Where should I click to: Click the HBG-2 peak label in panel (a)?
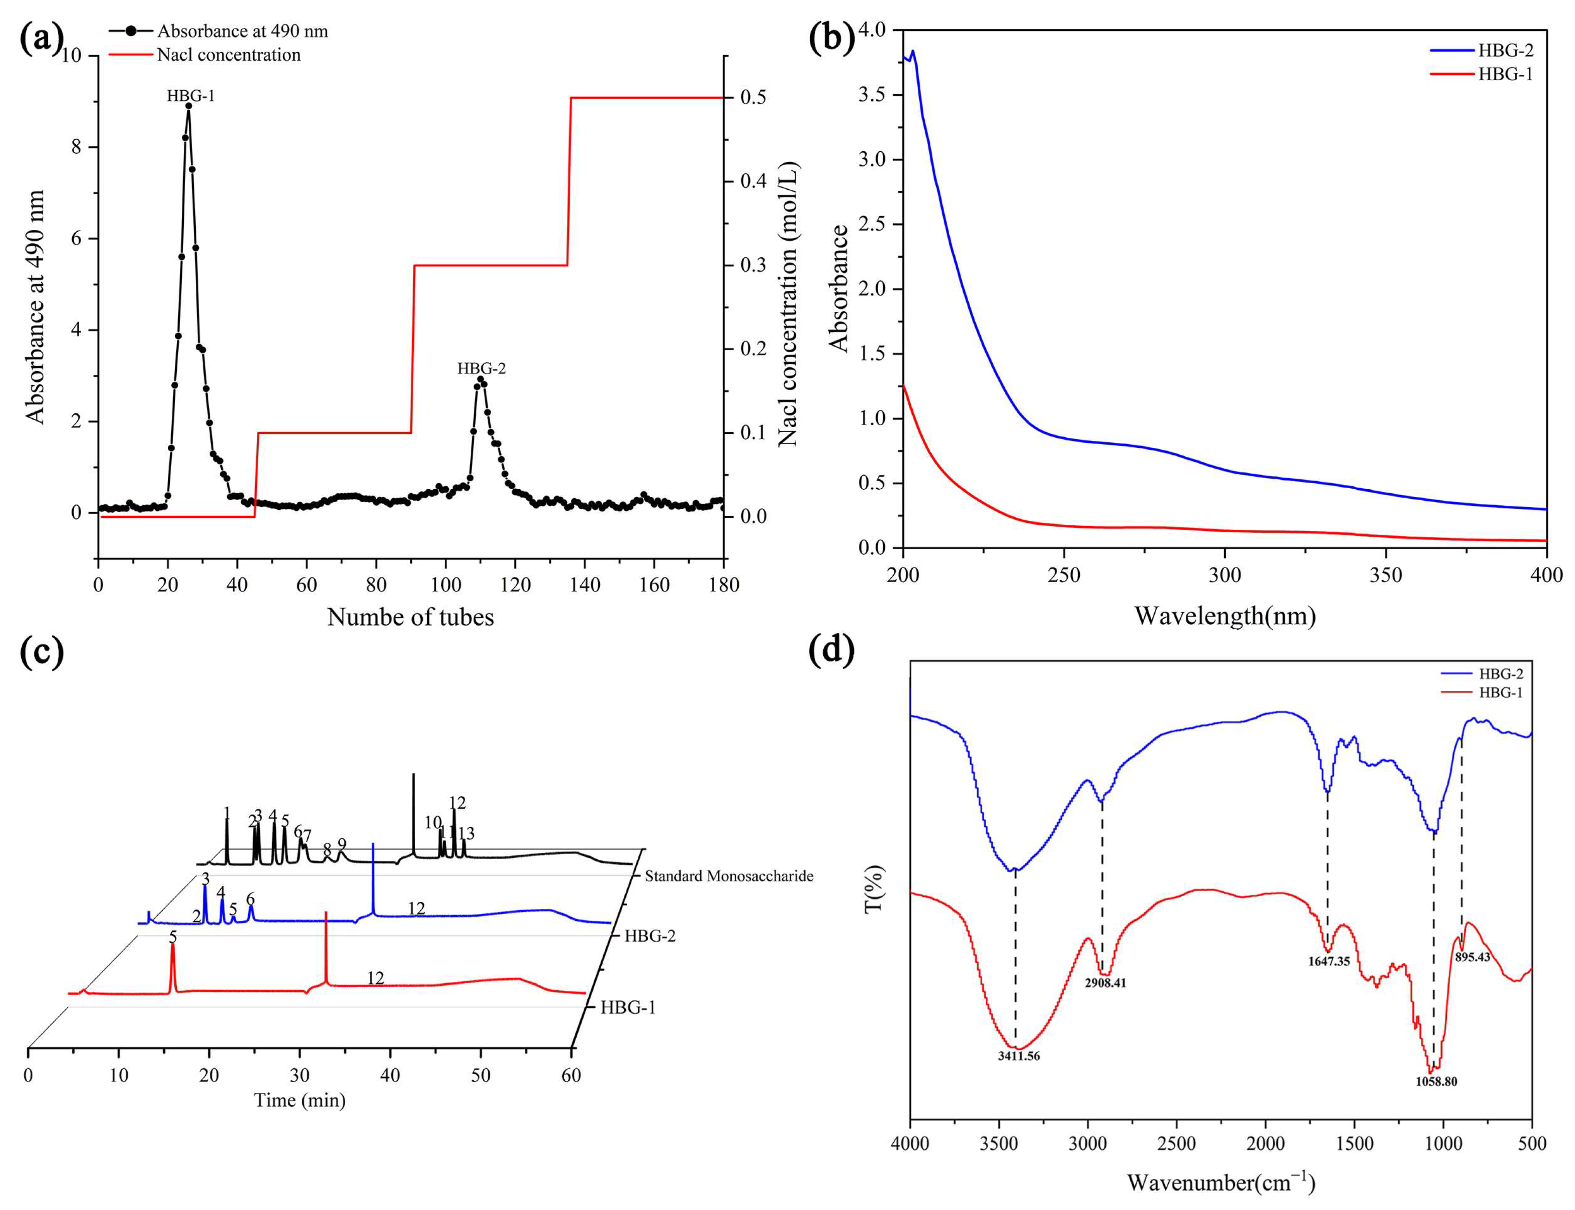[481, 369]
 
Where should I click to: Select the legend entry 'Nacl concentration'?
[228, 55]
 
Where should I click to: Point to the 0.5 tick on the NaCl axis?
[753, 97]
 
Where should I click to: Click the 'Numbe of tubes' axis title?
[410, 617]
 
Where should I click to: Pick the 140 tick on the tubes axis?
[585, 585]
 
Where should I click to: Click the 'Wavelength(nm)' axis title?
[1225, 616]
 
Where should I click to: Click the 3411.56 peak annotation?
[1018, 1056]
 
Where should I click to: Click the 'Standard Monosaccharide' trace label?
[728, 876]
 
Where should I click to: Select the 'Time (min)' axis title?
[300, 1100]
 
